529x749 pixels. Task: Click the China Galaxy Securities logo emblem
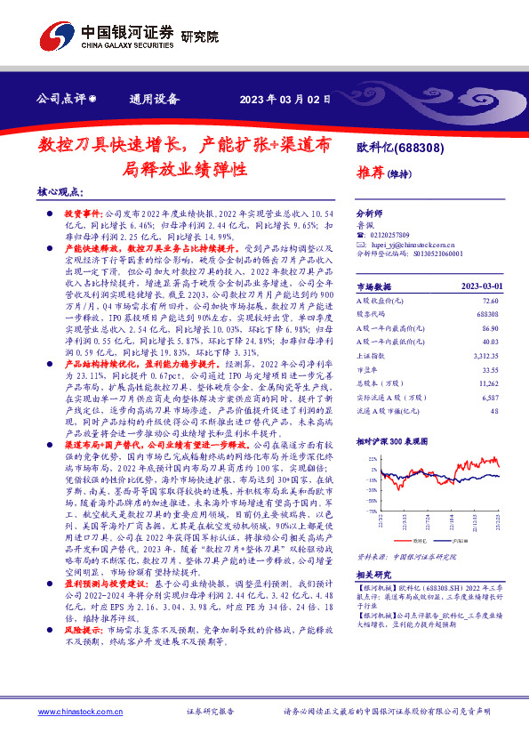56,36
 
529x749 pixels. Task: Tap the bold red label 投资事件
84,215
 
